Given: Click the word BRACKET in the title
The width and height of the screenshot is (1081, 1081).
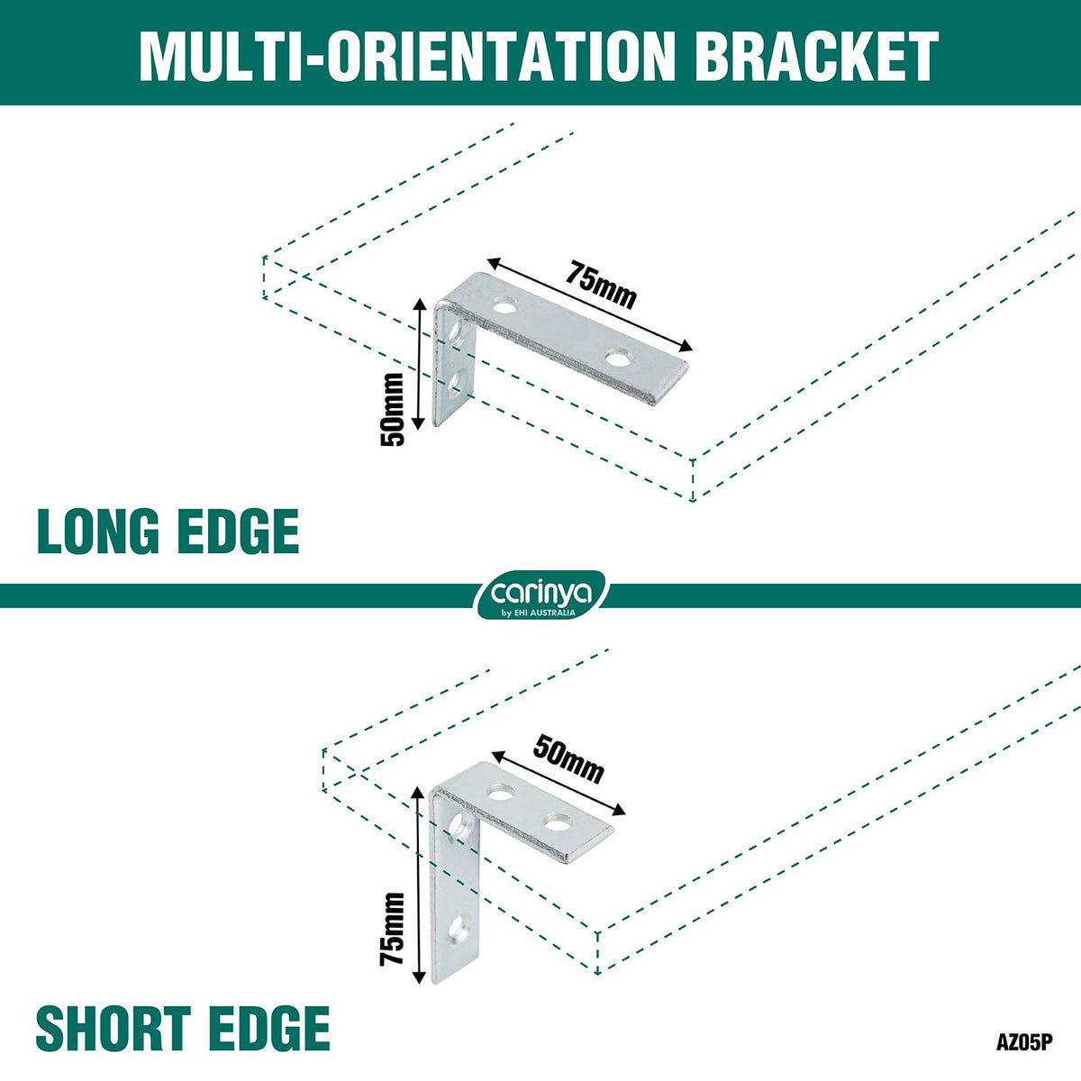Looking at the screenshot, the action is [820, 56].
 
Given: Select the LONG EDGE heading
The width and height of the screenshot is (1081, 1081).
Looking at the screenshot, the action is [168, 531].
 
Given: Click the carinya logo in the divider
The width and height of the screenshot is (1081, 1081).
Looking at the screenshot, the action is [540, 595].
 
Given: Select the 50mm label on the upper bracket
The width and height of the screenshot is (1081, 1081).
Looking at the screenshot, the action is [392, 410].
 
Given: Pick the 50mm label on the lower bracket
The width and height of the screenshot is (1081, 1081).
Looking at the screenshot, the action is [568, 759].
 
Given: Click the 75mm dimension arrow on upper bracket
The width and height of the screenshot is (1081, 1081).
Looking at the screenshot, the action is [588, 304].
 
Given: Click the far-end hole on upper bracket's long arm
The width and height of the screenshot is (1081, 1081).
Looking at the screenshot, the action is [616, 357].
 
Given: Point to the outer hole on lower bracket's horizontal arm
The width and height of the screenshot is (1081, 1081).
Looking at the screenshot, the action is [556, 823].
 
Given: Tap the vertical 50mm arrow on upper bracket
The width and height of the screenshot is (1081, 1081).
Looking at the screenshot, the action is [418, 364].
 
